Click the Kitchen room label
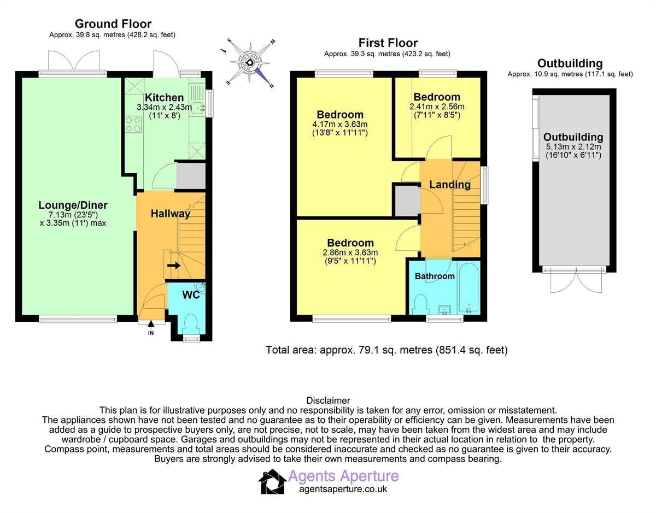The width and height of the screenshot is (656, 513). [164, 97]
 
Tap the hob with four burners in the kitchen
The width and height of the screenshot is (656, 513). [133, 124]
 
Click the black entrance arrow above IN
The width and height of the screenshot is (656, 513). [151, 323]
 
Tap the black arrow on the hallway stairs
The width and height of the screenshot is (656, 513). [174, 266]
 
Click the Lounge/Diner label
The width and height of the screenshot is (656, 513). [73, 205]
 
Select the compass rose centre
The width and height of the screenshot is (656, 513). [249, 63]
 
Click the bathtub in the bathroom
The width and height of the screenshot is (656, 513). [468, 286]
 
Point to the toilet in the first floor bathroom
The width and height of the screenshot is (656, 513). [421, 305]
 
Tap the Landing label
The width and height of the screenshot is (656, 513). [450, 185]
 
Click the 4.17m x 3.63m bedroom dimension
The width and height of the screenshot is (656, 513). [339, 124]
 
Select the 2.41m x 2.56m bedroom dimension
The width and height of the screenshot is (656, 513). [437, 107]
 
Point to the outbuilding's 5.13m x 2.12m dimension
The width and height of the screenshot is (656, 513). [573, 147]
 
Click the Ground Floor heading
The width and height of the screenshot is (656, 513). [113, 23]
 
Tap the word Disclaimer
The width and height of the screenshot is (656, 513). [328, 400]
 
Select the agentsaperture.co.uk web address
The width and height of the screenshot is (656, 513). [343, 489]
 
